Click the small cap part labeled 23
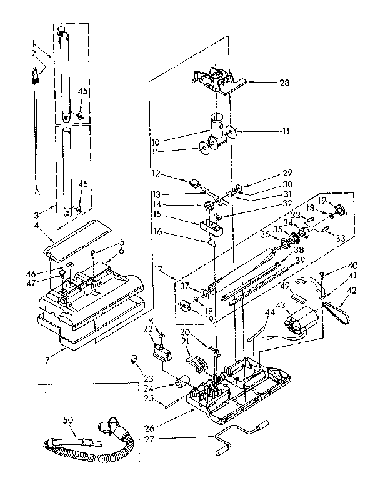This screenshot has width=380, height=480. pyautogui.click(x=132, y=358)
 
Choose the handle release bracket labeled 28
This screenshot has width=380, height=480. pyautogui.click(x=216, y=78)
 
